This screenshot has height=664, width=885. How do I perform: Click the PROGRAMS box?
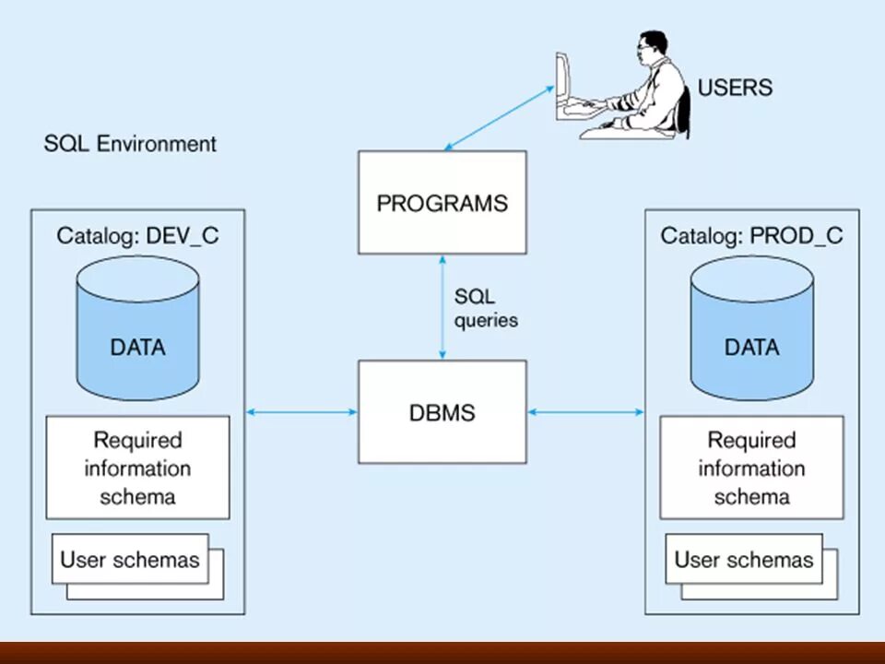tap(442, 202)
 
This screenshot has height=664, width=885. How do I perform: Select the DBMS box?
tap(442, 412)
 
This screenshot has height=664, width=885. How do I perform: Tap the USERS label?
tap(735, 88)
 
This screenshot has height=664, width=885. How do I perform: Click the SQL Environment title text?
tap(130, 144)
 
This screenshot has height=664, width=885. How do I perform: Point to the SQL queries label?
tap(486, 308)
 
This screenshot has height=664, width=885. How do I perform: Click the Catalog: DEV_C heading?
tap(137, 235)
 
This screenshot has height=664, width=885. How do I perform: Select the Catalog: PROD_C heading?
tap(752, 235)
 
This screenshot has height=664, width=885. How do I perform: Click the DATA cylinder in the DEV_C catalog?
tap(137, 328)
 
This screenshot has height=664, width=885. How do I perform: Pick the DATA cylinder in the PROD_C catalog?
tap(752, 328)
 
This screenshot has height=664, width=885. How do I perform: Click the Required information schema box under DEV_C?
tap(137, 468)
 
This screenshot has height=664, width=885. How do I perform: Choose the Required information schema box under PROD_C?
tap(752, 468)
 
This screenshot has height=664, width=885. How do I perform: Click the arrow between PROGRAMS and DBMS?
tap(442, 307)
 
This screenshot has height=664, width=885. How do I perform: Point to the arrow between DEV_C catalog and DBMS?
tap(302, 412)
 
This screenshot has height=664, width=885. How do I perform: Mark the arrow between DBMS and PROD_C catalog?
tap(586, 412)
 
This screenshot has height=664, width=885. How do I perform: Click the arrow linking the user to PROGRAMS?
tap(499, 118)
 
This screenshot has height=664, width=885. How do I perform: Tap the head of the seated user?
tap(652, 49)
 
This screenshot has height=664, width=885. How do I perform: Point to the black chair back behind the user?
tap(685, 110)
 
